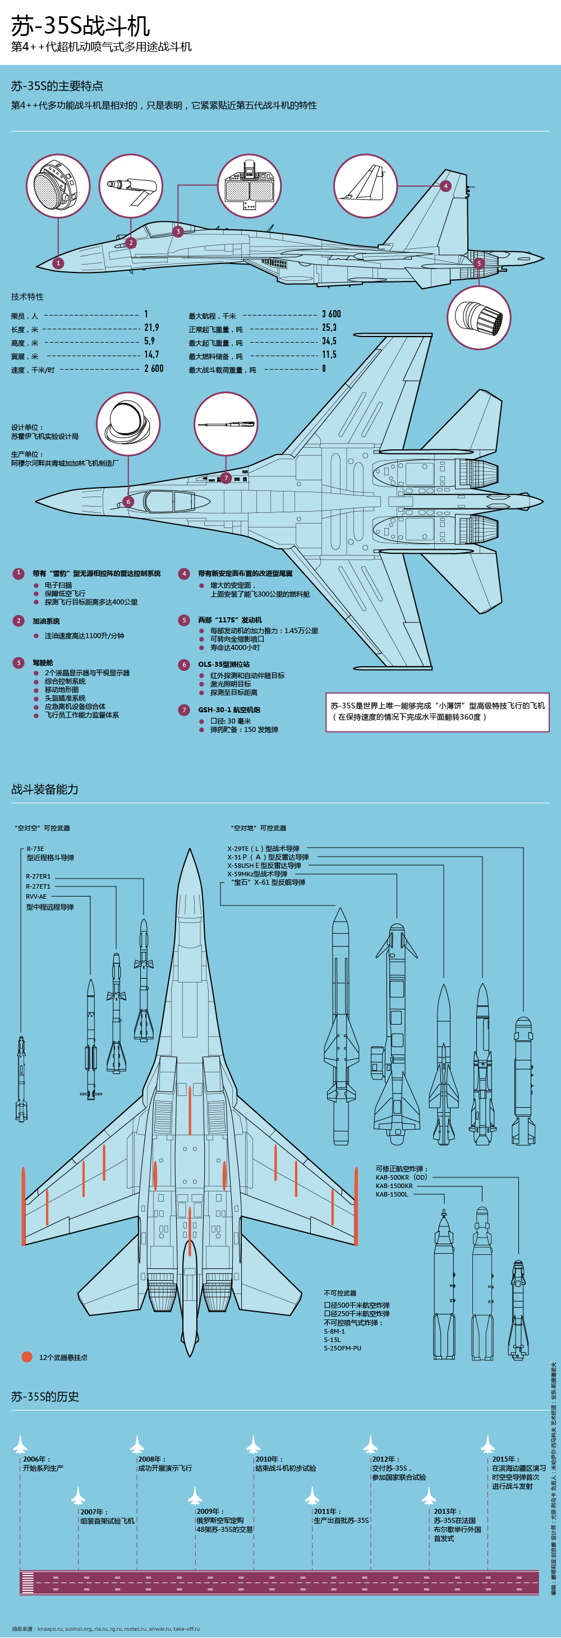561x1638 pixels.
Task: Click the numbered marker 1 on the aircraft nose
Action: tap(58, 263)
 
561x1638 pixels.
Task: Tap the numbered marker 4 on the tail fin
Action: tap(445, 186)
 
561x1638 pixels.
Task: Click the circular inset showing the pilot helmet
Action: tap(128, 424)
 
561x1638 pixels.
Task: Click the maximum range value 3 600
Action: tap(331, 314)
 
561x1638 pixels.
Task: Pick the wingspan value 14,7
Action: tap(151, 355)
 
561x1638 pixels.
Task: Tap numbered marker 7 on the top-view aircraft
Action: tap(226, 478)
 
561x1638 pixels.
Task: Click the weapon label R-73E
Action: tap(35, 849)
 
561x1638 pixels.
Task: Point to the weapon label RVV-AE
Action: tap(36, 897)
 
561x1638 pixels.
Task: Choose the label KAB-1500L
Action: tap(392, 1194)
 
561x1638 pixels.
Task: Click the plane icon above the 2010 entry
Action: tap(254, 1444)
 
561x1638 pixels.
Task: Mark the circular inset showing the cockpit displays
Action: tap(249, 186)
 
